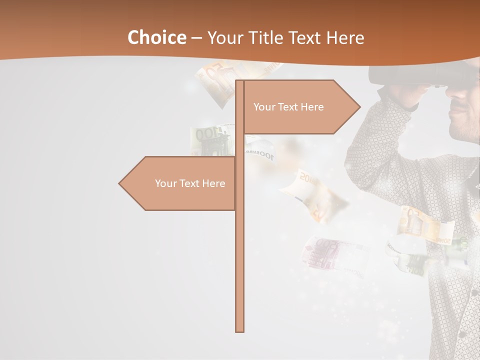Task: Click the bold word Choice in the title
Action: tap(156, 37)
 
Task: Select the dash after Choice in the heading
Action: tap(196, 38)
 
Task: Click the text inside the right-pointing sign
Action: tap(288, 107)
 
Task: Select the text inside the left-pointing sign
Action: tap(190, 183)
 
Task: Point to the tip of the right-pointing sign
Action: tap(359, 106)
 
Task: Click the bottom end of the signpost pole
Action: tap(239, 330)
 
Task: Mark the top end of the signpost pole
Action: tap(239, 81)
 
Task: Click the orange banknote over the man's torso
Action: tap(425, 225)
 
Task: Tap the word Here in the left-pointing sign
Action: tap(213, 183)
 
